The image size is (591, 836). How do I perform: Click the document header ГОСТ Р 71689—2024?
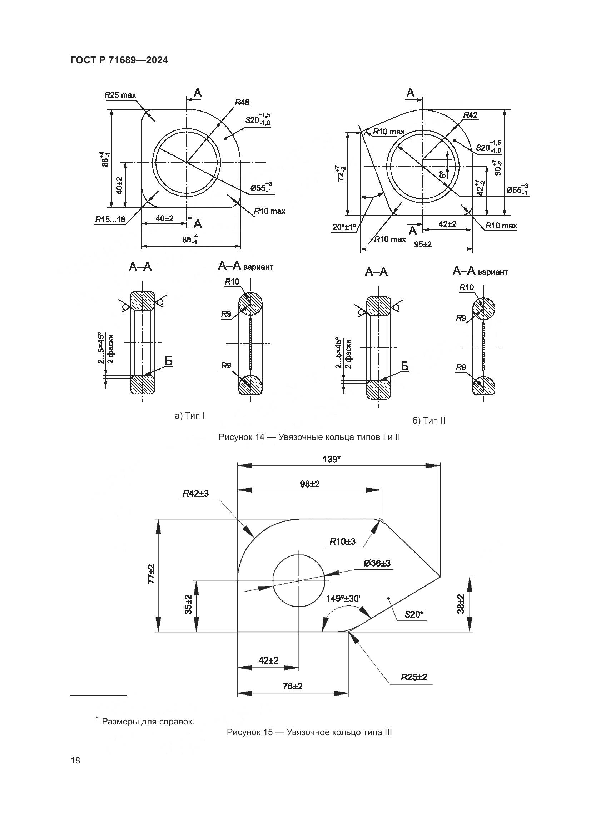119,60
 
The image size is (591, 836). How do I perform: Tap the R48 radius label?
242,102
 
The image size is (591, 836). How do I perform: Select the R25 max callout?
120,95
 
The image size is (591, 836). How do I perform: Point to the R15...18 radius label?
110,219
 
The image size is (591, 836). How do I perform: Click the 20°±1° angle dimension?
344,227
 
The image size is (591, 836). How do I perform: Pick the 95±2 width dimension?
422,244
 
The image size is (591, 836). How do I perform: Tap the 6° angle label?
442,175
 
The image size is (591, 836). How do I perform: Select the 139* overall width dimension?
331,459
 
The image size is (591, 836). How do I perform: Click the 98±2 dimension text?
310,484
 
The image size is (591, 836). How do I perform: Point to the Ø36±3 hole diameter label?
377,563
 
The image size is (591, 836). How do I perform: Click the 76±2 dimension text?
293,686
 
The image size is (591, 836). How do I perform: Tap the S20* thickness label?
414,614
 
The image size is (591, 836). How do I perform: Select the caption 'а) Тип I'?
190,415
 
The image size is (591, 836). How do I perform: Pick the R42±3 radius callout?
195,494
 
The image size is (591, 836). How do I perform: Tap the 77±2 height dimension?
152,574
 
